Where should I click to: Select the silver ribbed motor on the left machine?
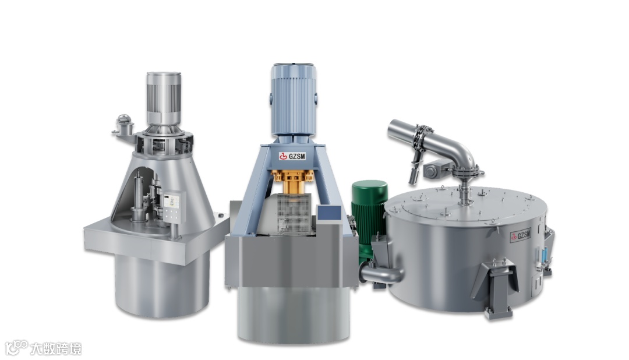pos(163,98)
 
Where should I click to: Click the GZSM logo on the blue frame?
pos(292,156)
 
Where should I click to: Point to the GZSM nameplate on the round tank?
pos(521,235)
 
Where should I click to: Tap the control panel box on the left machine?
pos(174,205)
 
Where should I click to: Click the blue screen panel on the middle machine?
pos(329,213)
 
